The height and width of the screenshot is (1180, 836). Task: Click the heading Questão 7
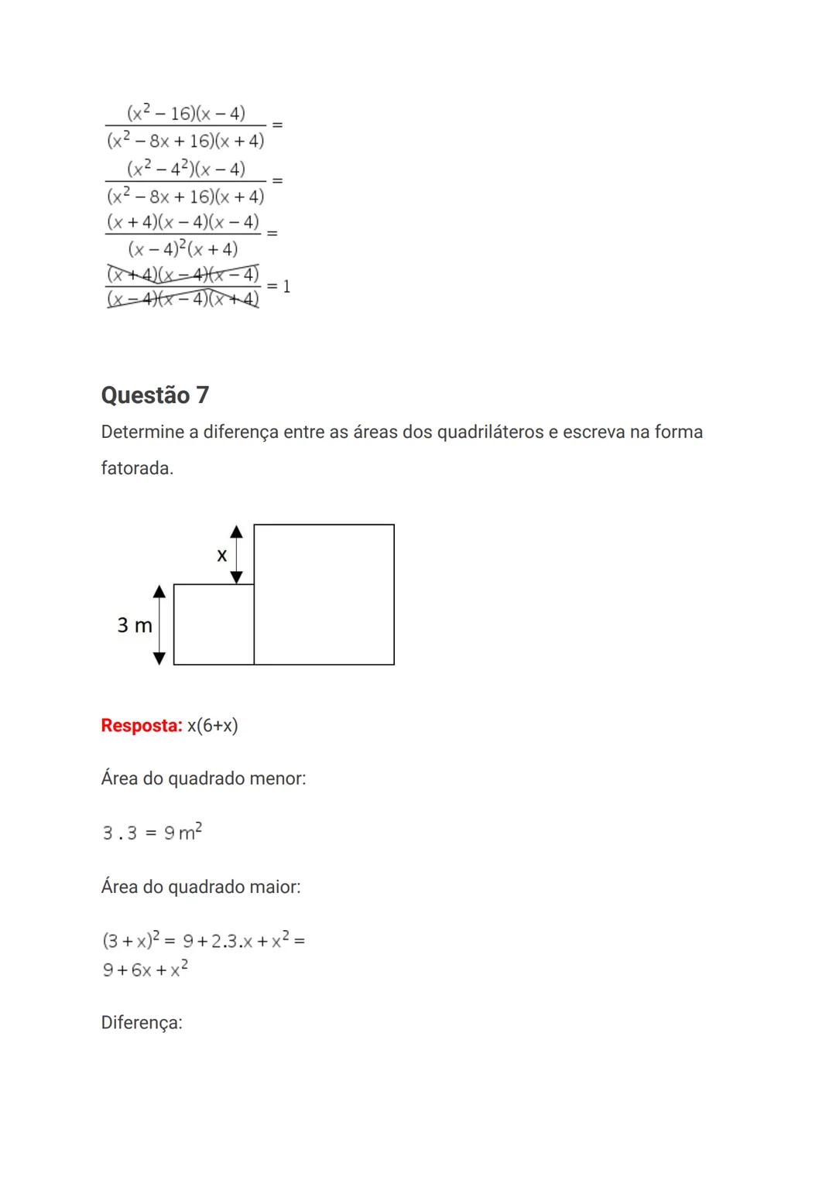155,395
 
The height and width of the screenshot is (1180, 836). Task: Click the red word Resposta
141,726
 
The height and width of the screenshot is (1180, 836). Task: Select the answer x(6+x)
213,726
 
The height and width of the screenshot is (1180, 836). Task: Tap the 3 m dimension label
135,625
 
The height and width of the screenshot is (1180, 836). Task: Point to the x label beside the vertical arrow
222,555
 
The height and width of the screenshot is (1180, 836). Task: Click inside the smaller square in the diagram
214,624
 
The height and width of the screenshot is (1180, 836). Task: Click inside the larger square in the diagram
324,594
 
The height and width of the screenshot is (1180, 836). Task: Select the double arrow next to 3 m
159,624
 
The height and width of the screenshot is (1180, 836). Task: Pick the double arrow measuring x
237,554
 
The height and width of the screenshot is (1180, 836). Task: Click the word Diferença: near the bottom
142,1023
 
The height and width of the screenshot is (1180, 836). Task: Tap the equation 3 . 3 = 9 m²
152,833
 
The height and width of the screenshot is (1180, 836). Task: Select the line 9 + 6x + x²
146,970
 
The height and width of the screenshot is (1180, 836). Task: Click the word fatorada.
137,468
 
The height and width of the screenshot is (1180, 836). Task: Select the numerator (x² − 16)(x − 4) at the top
186,114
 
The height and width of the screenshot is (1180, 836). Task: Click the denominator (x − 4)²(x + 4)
183,249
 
